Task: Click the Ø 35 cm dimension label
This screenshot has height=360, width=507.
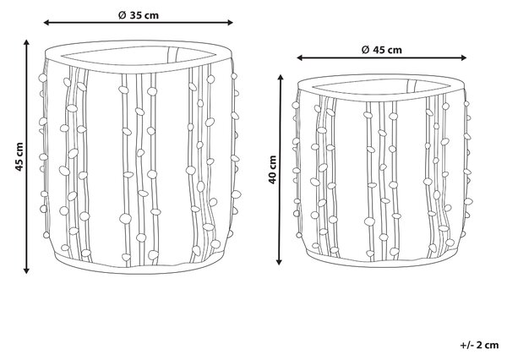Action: (139, 15)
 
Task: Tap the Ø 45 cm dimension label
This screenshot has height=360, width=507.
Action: (382, 50)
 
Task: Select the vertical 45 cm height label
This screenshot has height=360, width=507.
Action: (19, 156)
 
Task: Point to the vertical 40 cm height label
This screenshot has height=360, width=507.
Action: (273, 170)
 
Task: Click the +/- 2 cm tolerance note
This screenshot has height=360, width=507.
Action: (479, 345)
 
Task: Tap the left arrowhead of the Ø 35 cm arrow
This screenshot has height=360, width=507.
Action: (46, 22)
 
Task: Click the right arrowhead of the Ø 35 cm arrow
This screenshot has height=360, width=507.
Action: (230, 22)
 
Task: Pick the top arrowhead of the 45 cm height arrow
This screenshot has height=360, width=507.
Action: (26, 42)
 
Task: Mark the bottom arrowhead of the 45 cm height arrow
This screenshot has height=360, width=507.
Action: (26, 271)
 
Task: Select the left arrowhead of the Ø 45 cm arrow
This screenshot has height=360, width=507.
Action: (299, 57)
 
